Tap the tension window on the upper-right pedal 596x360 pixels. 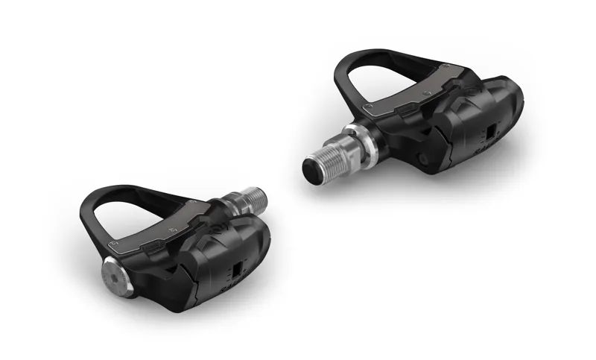pos(489,132)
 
